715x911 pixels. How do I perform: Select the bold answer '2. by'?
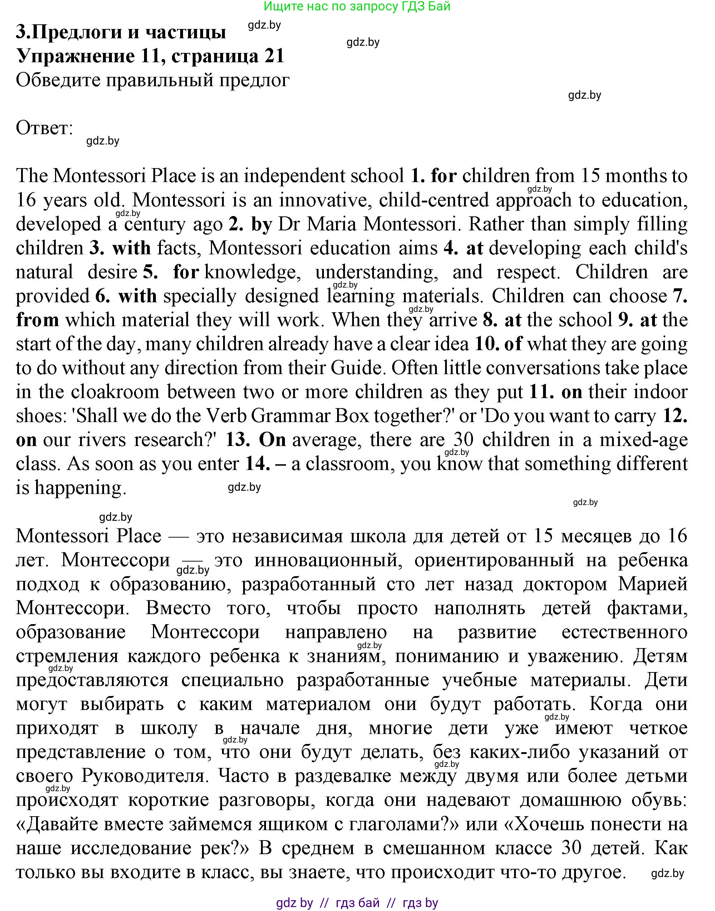[250, 225]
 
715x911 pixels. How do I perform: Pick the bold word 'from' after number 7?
[37, 320]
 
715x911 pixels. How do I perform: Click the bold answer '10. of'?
[498, 344]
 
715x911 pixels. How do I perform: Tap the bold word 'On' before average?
[272, 440]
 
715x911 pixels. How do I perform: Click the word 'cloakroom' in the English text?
[115, 392]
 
